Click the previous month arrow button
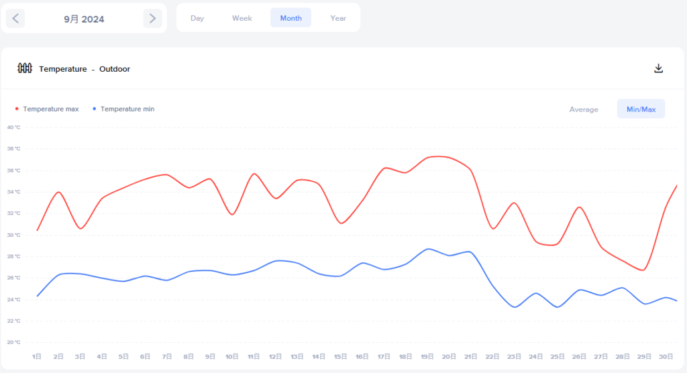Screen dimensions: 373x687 click(x=15, y=19)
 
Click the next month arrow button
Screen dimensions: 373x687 click(x=152, y=19)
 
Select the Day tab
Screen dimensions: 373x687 click(x=197, y=18)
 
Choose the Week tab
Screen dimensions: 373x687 click(x=242, y=18)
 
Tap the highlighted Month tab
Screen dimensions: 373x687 click(x=290, y=18)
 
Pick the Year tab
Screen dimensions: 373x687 click(x=338, y=18)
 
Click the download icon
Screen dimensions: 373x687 click(x=659, y=68)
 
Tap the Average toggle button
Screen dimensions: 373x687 click(x=584, y=109)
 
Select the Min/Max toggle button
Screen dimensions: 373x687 click(x=641, y=109)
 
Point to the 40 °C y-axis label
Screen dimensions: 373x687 click(x=13, y=127)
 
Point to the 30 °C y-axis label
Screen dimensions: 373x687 click(x=13, y=235)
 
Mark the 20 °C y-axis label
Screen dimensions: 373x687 click(x=13, y=342)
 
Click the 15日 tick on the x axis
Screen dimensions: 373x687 click(x=341, y=356)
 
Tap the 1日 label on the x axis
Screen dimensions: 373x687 click(x=37, y=356)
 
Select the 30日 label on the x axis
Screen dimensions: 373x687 click(x=666, y=356)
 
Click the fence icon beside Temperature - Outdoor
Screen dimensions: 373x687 click(x=25, y=68)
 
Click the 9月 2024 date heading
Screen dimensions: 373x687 click(x=84, y=19)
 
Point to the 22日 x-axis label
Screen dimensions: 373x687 click(x=492, y=356)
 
